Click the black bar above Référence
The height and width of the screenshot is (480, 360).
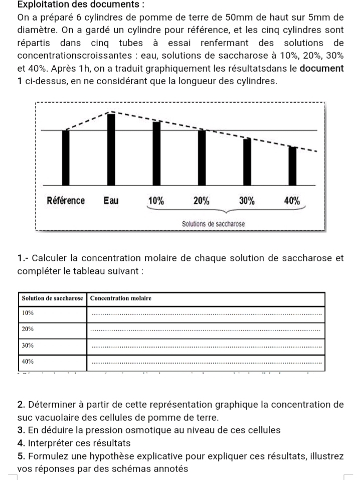tap(66, 157)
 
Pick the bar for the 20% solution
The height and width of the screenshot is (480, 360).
tap(202, 157)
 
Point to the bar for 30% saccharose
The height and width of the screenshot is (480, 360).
tap(247, 162)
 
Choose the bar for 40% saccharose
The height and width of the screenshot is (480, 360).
tap(292, 166)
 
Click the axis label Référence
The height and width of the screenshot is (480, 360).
tap(66, 201)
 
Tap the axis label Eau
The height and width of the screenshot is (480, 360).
tap(111, 201)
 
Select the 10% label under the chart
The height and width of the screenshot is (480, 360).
tap(156, 201)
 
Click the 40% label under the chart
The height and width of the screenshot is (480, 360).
tap(292, 201)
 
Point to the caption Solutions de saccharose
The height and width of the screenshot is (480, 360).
tap(214, 223)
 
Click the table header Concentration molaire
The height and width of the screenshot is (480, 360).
tap(121, 298)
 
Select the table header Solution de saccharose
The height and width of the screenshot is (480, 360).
tap(52, 298)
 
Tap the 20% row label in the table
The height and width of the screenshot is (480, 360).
tap(28, 329)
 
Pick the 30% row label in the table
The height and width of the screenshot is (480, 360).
tap(28, 345)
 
